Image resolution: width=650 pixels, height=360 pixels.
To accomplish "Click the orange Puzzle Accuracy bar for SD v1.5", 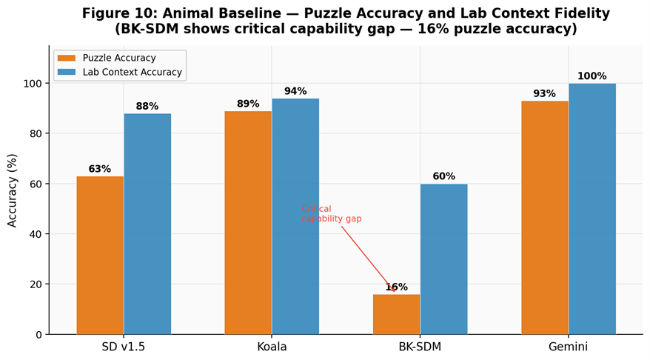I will (x=100, y=255).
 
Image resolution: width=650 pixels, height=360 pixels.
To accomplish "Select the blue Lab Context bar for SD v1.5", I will (x=147, y=224).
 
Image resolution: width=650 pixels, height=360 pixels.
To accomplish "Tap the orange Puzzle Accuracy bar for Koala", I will (x=248, y=222).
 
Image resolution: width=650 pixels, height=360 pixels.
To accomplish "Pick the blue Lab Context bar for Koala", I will (x=295, y=216).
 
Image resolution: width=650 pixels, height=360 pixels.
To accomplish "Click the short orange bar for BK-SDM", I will (x=396, y=314).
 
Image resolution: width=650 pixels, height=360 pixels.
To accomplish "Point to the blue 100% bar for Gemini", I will (x=592, y=209).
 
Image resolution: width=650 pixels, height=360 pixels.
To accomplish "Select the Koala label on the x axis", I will (x=272, y=347).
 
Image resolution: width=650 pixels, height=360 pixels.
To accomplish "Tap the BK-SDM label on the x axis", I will (x=420, y=347).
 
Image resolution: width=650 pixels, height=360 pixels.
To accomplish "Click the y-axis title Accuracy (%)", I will (x=13, y=190).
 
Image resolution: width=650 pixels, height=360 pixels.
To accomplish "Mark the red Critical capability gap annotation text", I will (x=331, y=214).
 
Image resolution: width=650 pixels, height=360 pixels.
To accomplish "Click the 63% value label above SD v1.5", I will (x=100, y=169).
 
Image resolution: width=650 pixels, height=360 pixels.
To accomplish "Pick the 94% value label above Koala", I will (x=295, y=91).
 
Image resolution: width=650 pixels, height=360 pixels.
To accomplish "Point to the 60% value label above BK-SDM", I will (x=443, y=176).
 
